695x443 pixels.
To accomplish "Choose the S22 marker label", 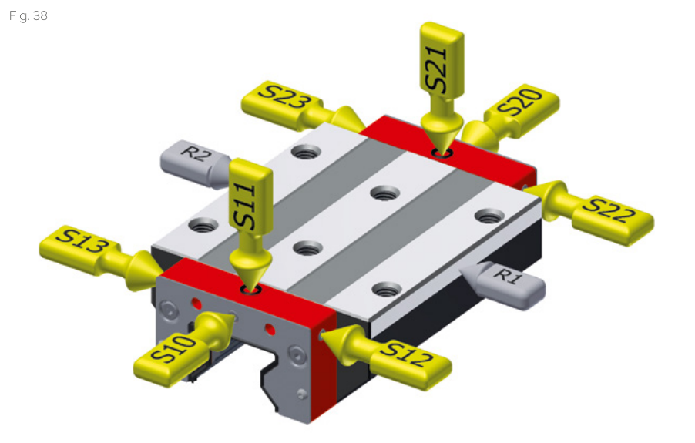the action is (x=608, y=210).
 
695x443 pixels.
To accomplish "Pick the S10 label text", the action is (x=173, y=348).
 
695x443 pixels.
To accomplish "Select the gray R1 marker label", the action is (x=508, y=276).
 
